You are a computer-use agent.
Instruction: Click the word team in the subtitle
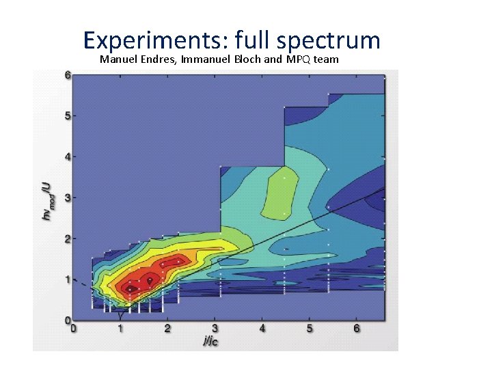click(325, 59)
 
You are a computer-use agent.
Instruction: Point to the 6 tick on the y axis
click(67, 75)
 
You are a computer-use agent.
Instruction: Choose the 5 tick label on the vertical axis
click(67, 115)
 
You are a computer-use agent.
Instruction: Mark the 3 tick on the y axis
click(67, 197)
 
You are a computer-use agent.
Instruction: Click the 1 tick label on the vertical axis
click(67, 279)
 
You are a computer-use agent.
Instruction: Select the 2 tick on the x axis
click(167, 329)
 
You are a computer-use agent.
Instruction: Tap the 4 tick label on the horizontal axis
click(262, 329)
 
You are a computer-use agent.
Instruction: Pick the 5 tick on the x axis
click(309, 329)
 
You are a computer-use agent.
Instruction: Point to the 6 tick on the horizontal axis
click(356, 329)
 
